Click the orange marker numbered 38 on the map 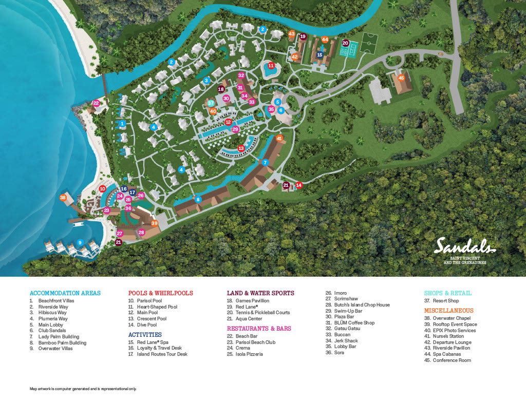[63, 198]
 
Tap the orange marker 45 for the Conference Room [402, 78]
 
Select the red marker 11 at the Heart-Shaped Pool [271, 65]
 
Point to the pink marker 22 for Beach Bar [96, 103]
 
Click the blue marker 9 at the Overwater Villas [80, 242]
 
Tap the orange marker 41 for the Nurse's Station [279, 138]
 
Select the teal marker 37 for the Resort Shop [211, 103]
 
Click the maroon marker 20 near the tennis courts [345, 44]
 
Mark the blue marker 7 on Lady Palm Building [265, 162]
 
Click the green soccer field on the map [368, 44]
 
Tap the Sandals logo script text [465, 246]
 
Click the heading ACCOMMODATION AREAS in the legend [65, 293]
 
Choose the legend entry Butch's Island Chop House [362, 305]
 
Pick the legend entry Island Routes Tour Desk [162, 354]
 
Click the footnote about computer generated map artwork [83, 389]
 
